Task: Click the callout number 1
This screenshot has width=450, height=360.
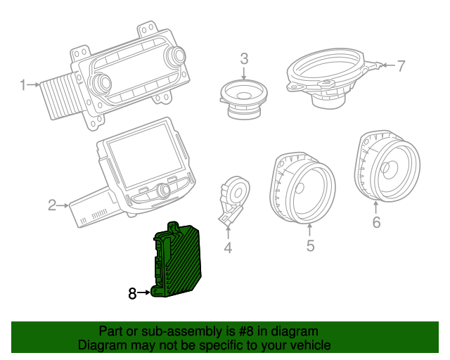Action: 22,86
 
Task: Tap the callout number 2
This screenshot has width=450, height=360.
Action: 51,205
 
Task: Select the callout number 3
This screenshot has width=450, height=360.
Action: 244,59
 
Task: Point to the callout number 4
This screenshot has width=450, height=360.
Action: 227,247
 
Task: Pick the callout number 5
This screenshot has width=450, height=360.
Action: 310,245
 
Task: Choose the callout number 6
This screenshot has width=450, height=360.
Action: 376,223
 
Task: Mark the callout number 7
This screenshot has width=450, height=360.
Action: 401,67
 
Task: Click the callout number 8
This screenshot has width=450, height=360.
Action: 132,294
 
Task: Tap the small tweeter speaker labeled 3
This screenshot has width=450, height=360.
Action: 243,97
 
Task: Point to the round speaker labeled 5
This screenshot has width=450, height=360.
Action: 302,186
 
